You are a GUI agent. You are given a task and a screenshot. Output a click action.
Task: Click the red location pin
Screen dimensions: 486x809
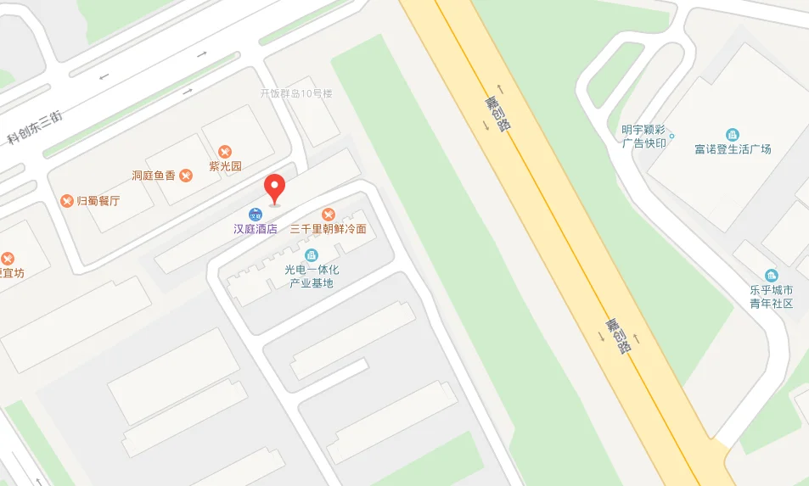274,186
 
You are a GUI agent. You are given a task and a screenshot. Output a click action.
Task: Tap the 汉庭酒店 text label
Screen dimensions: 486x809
256,229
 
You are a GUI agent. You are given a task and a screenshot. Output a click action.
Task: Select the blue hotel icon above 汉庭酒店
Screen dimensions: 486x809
255,214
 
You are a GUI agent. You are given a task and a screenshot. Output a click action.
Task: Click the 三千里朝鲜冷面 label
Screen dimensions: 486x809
329,229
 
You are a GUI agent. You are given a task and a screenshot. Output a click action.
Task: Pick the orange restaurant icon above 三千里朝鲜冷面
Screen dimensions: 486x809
329,214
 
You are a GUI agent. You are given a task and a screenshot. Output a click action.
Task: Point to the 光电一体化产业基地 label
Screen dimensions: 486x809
312,276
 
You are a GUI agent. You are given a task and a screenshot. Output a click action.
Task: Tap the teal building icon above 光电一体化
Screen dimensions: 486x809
312,254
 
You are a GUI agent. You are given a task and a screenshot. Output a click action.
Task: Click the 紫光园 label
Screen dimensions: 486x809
225,166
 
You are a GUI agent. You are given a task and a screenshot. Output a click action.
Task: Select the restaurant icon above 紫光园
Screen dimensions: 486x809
225,151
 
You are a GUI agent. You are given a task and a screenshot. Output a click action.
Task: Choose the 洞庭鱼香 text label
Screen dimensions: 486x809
153,176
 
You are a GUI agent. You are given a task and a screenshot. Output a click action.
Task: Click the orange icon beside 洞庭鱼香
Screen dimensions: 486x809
186,176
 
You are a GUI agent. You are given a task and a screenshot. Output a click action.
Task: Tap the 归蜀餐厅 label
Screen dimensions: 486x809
98,201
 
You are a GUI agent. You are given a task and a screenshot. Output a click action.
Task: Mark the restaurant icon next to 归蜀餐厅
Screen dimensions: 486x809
67,201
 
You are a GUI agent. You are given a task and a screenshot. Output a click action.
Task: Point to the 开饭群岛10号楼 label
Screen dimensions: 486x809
296,93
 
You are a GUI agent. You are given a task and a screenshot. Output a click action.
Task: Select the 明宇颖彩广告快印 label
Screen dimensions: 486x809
644,136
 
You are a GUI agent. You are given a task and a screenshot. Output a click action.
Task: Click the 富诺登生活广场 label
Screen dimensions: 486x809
733,149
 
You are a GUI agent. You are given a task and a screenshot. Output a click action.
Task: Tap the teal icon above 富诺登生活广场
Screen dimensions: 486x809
733,134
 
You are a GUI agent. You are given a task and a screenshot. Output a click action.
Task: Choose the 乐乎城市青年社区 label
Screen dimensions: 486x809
771,296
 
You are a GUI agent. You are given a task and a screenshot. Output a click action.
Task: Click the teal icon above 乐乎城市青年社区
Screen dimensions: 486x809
771,275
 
